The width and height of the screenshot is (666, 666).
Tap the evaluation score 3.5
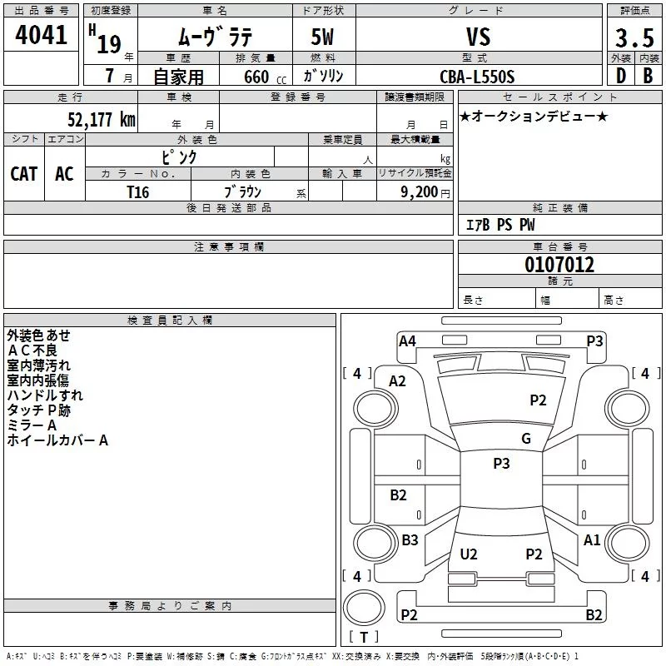click(x=634, y=37)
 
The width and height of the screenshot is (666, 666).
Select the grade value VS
click(x=478, y=36)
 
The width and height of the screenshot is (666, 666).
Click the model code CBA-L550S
click(x=478, y=77)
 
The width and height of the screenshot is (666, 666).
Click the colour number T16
click(x=138, y=191)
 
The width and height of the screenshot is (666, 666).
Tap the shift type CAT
click(x=23, y=173)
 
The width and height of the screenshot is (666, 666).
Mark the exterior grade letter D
click(x=620, y=77)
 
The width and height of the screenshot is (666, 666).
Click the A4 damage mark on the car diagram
click(x=407, y=340)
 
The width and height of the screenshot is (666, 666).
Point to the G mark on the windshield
click(x=525, y=439)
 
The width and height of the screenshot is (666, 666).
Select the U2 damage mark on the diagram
click(x=469, y=554)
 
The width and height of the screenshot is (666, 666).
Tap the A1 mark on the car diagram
click(x=592, y=540)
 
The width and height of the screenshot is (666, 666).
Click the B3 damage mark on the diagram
click(x=410, y=540)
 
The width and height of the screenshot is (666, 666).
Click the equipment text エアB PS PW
click(x=499, y=225)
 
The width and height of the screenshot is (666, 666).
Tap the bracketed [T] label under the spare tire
click(x=363, y=637)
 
